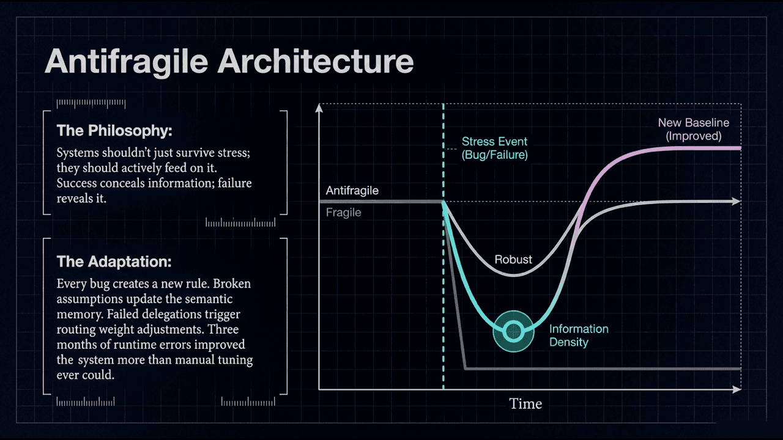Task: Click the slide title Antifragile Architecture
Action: pyautogui.click(x=229, y=62)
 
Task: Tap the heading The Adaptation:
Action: pyautogui.click(x=114, y=262)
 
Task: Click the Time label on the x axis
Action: pyautogui.click(x=525, y=404)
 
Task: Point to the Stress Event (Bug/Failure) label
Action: pyautogui.click(x=494, y=148)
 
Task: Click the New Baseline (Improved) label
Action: pyautogui.click(x=693, y=130)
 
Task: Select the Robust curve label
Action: pyautogui.click(x=513, y=259)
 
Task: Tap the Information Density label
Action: pyautogui.click(x=579, y=335)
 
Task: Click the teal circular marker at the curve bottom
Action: pyautogui.click(x=513, y=331)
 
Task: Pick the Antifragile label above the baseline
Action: pyautogui.click(x=352, y=191)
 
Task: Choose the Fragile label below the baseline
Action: pyautogui.click(x=343, y=213)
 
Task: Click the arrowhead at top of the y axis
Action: pyautogui.click(x=319, y=108)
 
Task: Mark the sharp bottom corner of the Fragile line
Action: pyautogui.click(x=466, y=369)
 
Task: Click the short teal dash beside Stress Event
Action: pyautogui.click(x=451, y=148)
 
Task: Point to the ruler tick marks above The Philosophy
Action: pyautogui.click(x=85, y=103)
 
